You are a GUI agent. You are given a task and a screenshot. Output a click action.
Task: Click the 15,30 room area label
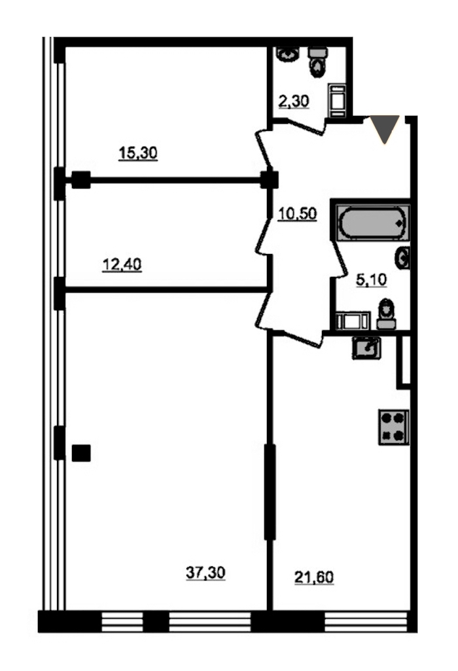click(137, 153)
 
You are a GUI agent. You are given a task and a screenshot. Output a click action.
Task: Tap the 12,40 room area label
click(122, 264)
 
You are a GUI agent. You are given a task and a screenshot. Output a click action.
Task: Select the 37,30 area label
click(205, 573)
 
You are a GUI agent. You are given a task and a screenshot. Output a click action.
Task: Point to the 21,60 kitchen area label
click(314, 577)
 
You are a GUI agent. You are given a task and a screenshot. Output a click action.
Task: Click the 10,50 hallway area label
click(297, 213)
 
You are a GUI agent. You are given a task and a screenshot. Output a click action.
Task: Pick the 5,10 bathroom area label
click(371, 280)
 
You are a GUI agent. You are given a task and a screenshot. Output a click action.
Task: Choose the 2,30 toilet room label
click(293, 101)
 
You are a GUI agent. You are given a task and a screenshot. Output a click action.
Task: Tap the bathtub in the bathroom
click(370, 223)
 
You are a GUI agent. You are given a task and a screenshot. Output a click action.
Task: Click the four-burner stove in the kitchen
click(393, 427)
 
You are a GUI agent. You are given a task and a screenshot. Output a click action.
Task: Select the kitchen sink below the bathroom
click(366, 348)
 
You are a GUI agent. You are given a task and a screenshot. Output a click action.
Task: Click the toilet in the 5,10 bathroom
click(387, 314)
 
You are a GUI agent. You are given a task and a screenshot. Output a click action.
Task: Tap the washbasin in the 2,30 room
click(288, 54)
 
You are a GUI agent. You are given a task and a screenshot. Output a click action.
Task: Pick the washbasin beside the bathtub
click(402, 258)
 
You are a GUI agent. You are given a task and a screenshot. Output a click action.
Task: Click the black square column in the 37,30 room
click(81, 453)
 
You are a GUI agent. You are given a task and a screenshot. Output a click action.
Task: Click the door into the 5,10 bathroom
click(340, 260)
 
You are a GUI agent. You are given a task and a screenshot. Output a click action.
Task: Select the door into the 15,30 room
click(264, 149)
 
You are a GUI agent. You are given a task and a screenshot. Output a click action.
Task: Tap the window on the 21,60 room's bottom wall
click(366, 621)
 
